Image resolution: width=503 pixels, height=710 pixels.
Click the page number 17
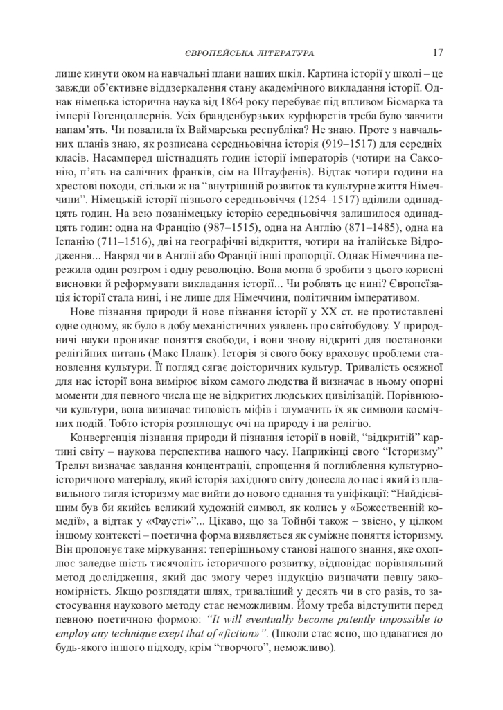pyautogui.click(x=437, y=52)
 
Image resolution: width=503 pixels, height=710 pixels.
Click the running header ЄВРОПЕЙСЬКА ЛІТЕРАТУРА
pyautogui.click(x=251, y=53)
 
